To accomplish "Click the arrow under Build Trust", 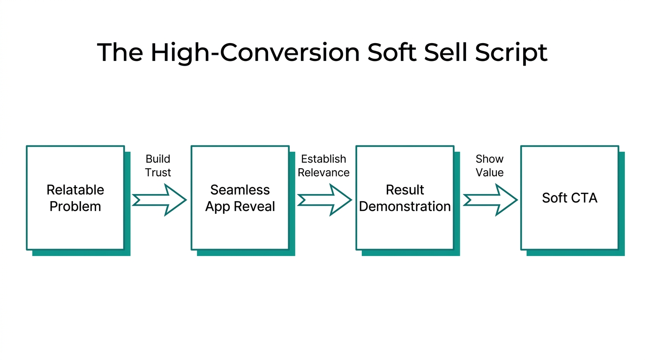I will click(x=159, y=200).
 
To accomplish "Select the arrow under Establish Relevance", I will click(x=324, y=200).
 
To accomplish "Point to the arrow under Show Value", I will click(x=489, y=200).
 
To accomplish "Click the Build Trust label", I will click(x=158, y=165).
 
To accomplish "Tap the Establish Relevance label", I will click(x=323, y=165).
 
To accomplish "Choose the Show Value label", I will click(x=489, y=165).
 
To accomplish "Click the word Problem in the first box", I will click(x=75, y=207).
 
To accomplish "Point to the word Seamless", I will click(x=240, y=190).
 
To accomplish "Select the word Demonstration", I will click(x=405, y=207).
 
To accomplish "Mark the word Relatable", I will click(x=75, y=190).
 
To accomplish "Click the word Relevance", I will click(x=323, y=172).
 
